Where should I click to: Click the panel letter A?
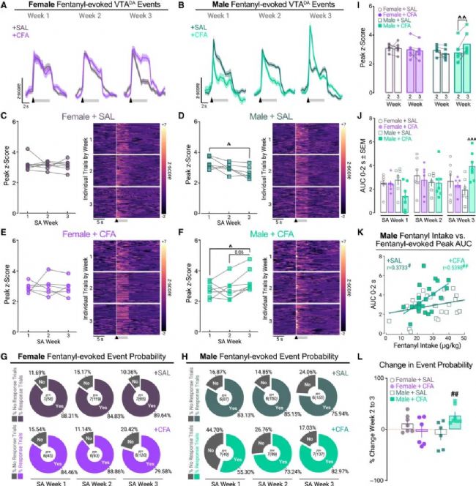tap(4, 5)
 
